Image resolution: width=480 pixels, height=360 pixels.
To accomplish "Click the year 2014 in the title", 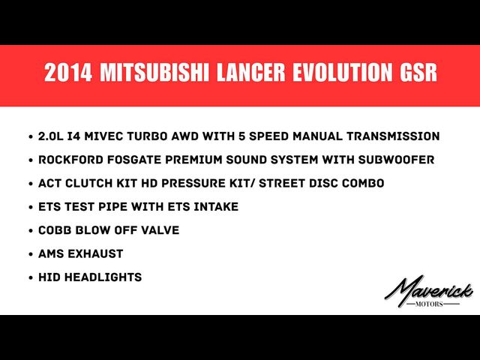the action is point(68,73).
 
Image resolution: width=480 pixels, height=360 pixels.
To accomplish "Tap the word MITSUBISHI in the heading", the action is point(154,73).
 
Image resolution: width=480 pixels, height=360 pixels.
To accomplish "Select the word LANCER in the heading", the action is point(251,73).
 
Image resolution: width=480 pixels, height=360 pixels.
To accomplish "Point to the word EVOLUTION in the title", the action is point(343,73).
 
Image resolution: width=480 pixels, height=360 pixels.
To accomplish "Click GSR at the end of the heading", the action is point(418,73).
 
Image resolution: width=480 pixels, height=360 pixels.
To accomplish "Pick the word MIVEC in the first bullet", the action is point(103,136).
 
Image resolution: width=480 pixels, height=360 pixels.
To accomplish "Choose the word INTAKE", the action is point(216,207).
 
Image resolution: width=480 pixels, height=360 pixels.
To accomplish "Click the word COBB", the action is point(55,230).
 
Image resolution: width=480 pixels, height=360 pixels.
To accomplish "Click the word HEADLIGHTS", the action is point(103,277).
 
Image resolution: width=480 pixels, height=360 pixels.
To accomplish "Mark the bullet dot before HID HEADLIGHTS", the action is point(31,278).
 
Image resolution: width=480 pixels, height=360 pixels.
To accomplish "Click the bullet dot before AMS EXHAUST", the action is point(31,254).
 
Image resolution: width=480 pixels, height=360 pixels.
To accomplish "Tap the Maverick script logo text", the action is point(428,290).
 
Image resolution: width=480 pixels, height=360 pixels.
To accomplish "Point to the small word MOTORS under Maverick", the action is point(429,304).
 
